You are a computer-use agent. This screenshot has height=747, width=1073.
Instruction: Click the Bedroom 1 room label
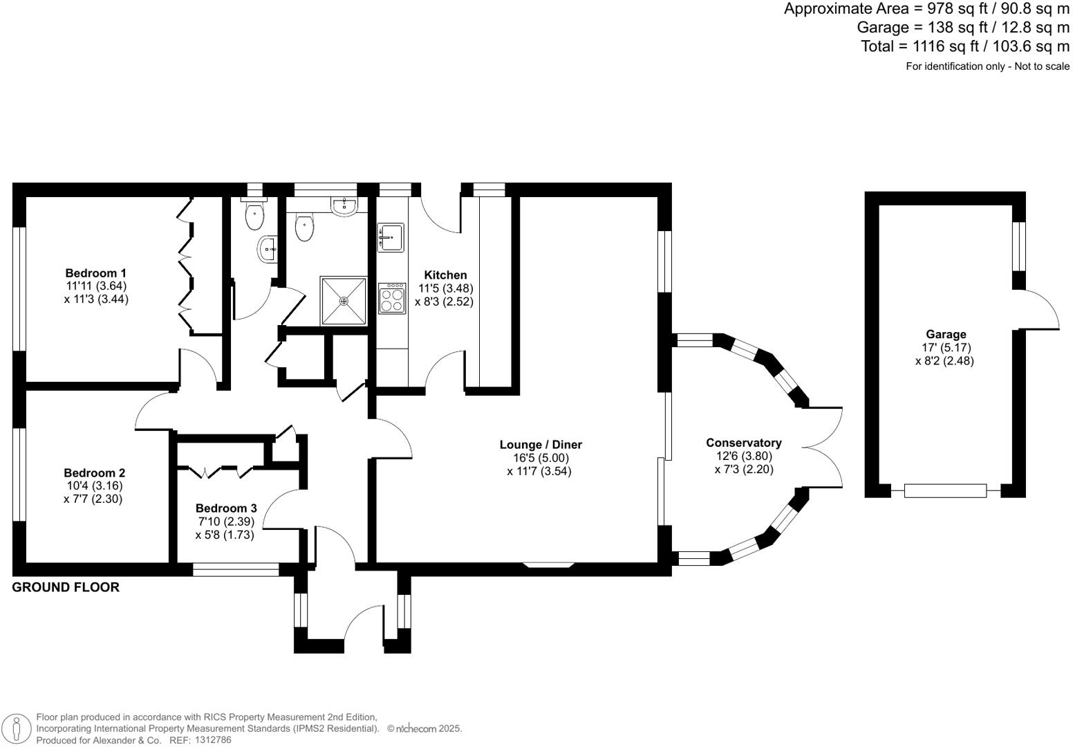[95, 273]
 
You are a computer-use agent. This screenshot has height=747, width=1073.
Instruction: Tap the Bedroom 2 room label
[94, 473]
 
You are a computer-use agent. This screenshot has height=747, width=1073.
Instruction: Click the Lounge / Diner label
[541, 445]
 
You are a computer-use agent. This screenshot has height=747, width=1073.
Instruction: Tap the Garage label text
[946, 335]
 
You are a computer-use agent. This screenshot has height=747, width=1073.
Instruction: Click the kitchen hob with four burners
[391, 299]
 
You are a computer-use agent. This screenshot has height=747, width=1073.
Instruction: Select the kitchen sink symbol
[391, 238]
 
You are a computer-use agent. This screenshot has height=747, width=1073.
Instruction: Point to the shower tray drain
[344, 301]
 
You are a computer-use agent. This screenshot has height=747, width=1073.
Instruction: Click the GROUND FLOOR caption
[66, 587]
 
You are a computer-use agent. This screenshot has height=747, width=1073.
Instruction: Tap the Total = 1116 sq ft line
[964, 46]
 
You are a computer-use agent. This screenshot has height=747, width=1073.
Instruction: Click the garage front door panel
[945, 491]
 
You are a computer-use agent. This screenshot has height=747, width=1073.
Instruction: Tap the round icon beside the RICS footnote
[17, 729]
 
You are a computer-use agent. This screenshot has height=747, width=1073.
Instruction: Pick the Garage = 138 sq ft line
[962, 28]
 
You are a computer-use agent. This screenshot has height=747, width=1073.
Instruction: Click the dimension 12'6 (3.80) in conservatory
[743, 456]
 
